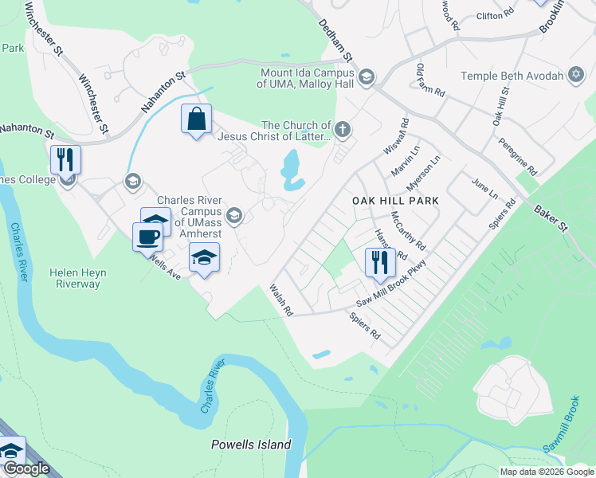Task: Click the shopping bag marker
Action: pos(196,119)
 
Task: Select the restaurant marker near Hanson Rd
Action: pos(380,261)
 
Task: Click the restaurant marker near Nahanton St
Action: pos(65,159)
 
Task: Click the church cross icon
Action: pos(343,129)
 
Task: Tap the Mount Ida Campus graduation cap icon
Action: pos(367,77)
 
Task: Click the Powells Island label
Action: pos(251,445)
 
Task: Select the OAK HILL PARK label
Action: pos(395,202)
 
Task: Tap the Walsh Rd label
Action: pos(282,300)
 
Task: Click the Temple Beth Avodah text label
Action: pos(512,76)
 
